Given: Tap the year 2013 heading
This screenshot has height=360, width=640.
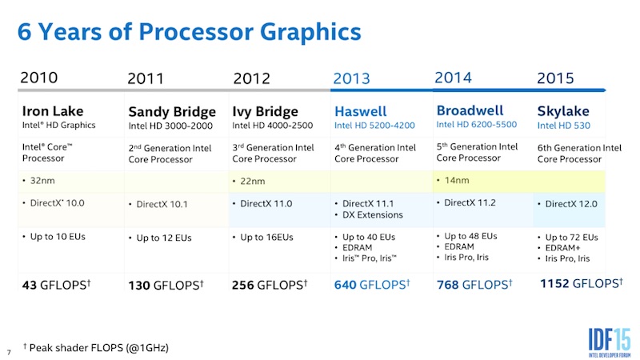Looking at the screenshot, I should [x=351, y=78].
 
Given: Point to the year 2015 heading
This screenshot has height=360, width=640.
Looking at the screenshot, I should [x=555, y=78].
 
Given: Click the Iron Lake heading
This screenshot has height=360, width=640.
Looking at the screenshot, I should [x=52, y=110].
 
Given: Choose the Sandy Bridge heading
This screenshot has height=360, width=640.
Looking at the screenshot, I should [x=172, y=111].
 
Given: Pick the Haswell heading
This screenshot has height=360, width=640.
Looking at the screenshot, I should [x=360, y=111].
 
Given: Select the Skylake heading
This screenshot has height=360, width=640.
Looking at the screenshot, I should [x=562, y=111].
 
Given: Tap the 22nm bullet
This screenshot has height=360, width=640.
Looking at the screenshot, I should [x=254, y=182].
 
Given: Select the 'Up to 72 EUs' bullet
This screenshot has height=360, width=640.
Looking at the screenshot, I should [x=571, y=238].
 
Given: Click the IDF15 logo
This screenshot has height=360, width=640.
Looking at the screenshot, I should [x=599, y=334].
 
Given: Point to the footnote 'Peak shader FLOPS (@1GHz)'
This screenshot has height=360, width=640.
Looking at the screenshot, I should [x=100, y=348].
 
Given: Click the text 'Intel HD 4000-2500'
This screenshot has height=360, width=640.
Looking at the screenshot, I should [x=272, y=125].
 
